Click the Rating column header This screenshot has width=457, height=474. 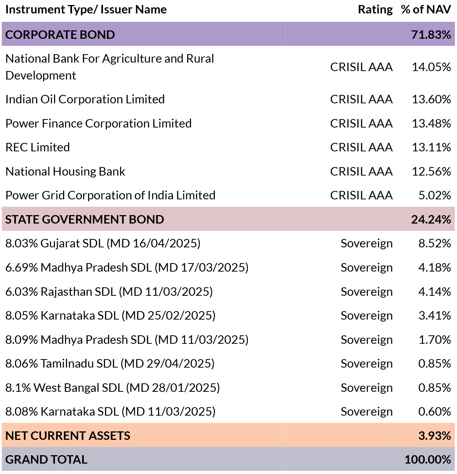375,10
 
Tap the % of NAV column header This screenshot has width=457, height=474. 426,10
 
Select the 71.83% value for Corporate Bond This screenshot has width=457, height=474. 431,35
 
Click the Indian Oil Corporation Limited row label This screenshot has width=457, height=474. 85,99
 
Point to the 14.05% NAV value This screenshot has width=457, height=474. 431,67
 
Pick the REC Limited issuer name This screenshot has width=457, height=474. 38,148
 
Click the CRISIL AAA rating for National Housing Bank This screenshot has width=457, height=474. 361,171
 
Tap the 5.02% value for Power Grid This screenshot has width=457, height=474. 435,196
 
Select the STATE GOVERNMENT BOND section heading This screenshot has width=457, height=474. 85,219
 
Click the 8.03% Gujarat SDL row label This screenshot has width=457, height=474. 103,244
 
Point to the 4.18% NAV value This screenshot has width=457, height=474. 435,268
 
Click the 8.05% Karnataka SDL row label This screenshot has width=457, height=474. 110,316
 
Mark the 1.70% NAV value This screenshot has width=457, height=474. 435,340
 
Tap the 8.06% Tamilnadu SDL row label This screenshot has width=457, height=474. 110,364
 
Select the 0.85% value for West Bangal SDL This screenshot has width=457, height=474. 435,388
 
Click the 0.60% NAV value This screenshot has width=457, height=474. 435,412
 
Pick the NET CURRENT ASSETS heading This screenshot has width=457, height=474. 68,436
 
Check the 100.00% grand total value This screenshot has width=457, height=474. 428,460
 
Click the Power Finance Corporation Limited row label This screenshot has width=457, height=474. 98,123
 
